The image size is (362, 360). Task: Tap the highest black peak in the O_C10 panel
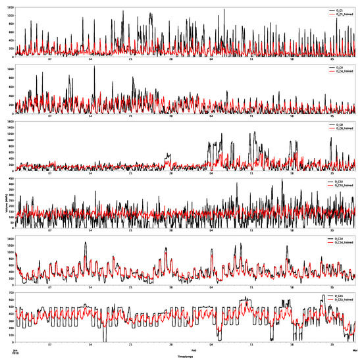click(x=282, y=179)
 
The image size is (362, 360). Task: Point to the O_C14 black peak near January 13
click(x=85, y=242)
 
